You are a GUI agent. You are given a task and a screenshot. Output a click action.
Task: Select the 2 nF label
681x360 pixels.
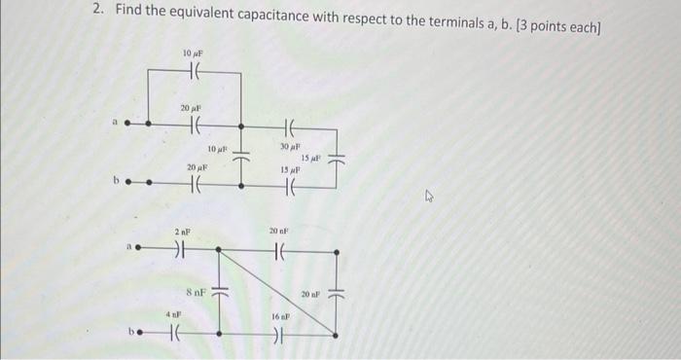[x=182, y=231]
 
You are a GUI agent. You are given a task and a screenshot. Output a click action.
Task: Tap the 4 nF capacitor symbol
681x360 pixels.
[x=175, y=336]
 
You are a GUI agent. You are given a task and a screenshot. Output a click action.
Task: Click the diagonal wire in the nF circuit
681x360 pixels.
[x=277, y=292]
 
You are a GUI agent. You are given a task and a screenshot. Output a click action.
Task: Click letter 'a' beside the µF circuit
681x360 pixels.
[x=114, y=124]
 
